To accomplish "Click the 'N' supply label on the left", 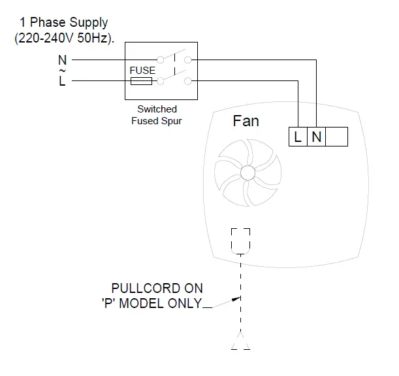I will [62, 60].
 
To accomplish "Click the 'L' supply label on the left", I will [62, 82].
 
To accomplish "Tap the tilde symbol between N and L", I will [62, 71].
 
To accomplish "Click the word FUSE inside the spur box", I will [143, 71].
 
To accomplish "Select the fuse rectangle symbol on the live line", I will [142, 81].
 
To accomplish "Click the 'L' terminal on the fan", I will [298, 137].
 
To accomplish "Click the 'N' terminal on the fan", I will [316, 137].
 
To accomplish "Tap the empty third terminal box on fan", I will [336, 137].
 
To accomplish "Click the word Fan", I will [246, 122].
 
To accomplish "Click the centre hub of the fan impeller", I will [247, 173].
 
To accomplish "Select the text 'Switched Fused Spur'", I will [157, 115].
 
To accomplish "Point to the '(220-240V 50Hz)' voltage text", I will [64, 37].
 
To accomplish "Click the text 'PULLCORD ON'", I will [157, 288].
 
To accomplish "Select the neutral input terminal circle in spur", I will [160, 60].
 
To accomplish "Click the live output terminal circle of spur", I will [187, 81].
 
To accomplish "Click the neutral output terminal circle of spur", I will [187, 60].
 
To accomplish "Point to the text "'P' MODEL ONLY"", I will [148, 303].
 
